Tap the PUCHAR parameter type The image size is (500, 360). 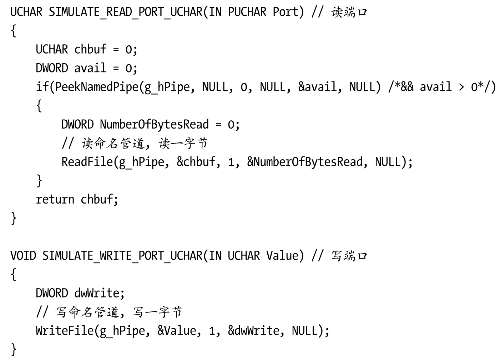pyautogui.click(x=247, y=12)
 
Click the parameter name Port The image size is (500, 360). pyautogui.click(x=286, y=12)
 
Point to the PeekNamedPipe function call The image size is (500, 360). pyautogui.click(x=96, y=87)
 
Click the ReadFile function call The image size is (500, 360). pyautogui.click(x=87, y=162)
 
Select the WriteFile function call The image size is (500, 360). pyautogui.click(x=65, y=330)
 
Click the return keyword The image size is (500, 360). pyautogui.click(x=55, y=199)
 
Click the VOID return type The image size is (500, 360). pyautogui.click(x=23, y=256)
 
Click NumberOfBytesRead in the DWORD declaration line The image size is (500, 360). pyautogui.click(x=154, y=124)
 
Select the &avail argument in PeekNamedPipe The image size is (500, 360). pyautogui.click(x=317, y=87)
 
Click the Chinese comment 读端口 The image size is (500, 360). pyautogui.click(x=349, y=12)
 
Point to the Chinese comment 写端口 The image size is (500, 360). pyautogui.click(x=349, y=256)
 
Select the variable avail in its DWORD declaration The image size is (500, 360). pyautogui.click(x=90, y=68)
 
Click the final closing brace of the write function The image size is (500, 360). pyautogui.click(x=14, y=349)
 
